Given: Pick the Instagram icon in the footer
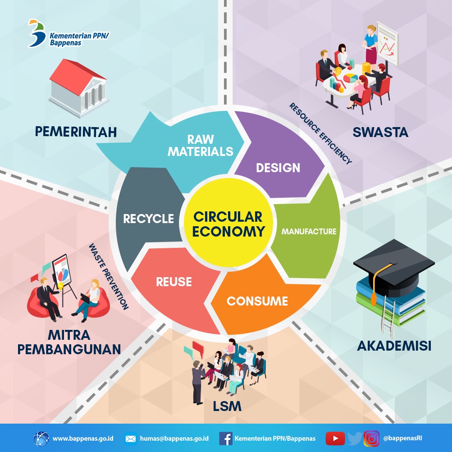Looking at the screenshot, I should point(371,438).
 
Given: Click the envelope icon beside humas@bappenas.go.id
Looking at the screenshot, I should point(131,438).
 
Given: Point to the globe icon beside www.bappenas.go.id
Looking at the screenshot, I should point(42,438).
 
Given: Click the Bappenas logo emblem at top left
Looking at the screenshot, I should point(36,32).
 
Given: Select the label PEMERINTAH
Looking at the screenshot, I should point(76,132).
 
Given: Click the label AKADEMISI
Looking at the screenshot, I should point(394,346).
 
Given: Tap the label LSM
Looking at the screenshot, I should point(227,406).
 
